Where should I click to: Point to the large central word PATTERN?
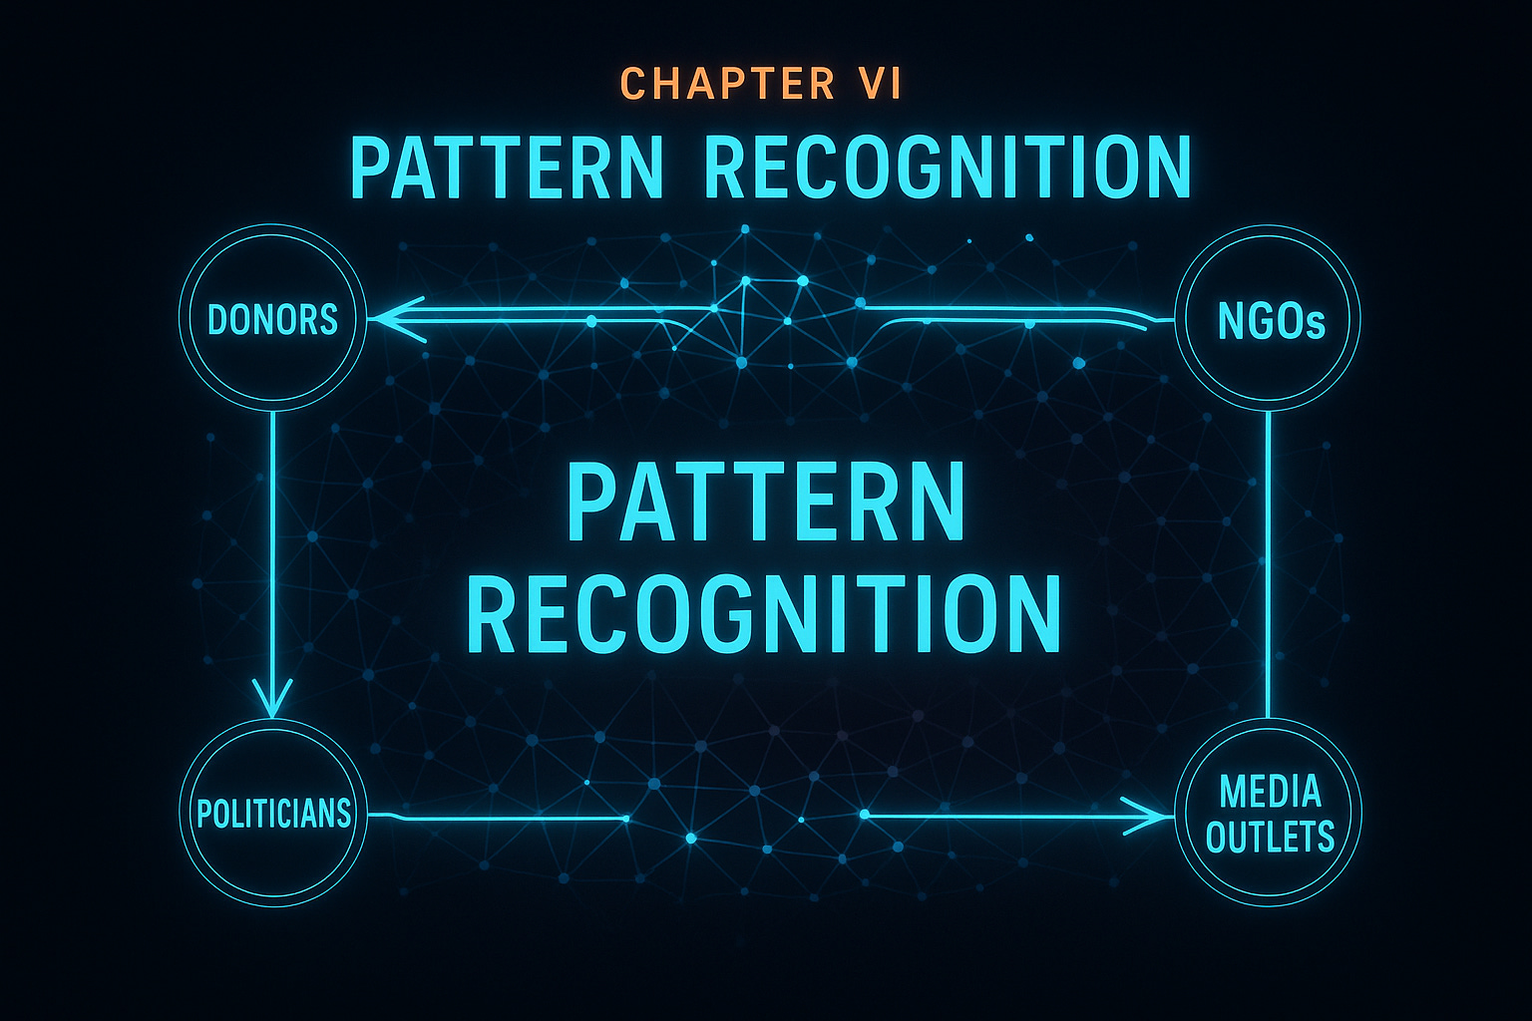(766, 504)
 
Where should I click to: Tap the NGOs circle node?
(1269, 319)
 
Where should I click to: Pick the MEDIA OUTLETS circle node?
(1269, 813)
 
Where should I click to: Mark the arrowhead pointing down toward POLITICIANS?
(272, 698)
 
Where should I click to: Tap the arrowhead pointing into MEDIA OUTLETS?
(1147, 817)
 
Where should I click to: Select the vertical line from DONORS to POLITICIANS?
(272, 548)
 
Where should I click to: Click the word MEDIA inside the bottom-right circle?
(1270, 792)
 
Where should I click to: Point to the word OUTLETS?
(1270, 837)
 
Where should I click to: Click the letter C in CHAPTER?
(631, 84)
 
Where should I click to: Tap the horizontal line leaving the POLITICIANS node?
(499, 819)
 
